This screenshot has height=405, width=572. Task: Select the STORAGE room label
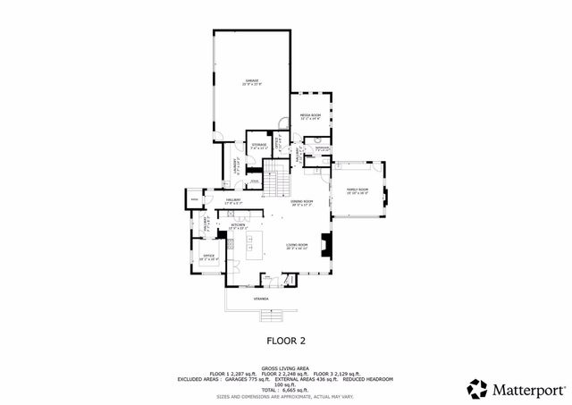click(x=259, y=145)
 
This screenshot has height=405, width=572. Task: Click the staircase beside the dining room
click(x=280, y=182)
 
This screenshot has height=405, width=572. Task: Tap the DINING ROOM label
click(x=301, y=203)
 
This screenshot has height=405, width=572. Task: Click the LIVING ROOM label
click(x=297, y=246)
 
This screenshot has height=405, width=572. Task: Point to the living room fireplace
click(x=327, y=243)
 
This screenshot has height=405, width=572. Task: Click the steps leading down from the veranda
click(x=271, y=315)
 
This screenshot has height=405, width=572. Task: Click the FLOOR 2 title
click(x=286, y=341)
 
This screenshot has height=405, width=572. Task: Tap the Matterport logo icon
click(x=478, y=389)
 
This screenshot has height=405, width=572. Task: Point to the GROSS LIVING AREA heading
click(x=286, y=367)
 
